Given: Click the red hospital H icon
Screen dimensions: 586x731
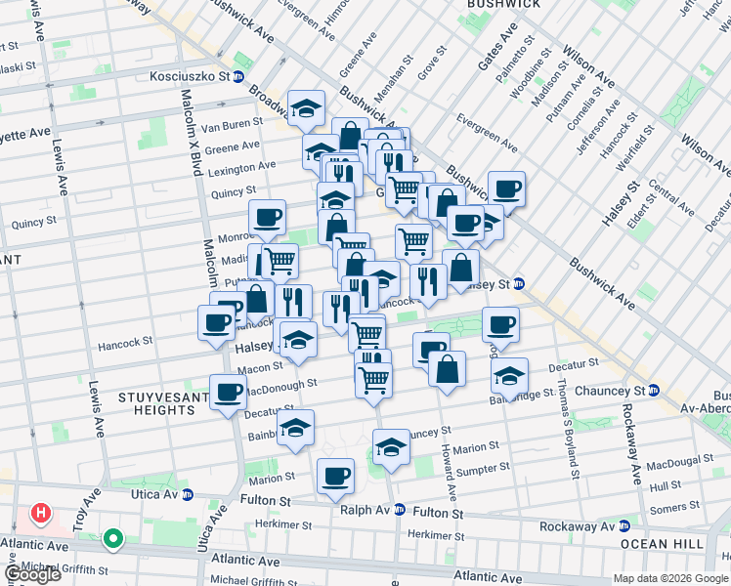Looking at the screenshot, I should click(40, 512).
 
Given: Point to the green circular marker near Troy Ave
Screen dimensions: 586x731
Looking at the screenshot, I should click(113, 538).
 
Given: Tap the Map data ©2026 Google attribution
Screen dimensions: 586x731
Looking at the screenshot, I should click(670, 578).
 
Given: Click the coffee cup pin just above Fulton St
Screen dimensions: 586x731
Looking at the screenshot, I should click(335, 476).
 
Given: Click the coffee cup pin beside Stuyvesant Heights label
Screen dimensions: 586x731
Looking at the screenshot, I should click(229, 394).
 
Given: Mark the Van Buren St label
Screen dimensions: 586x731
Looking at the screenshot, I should click(232, 124).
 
